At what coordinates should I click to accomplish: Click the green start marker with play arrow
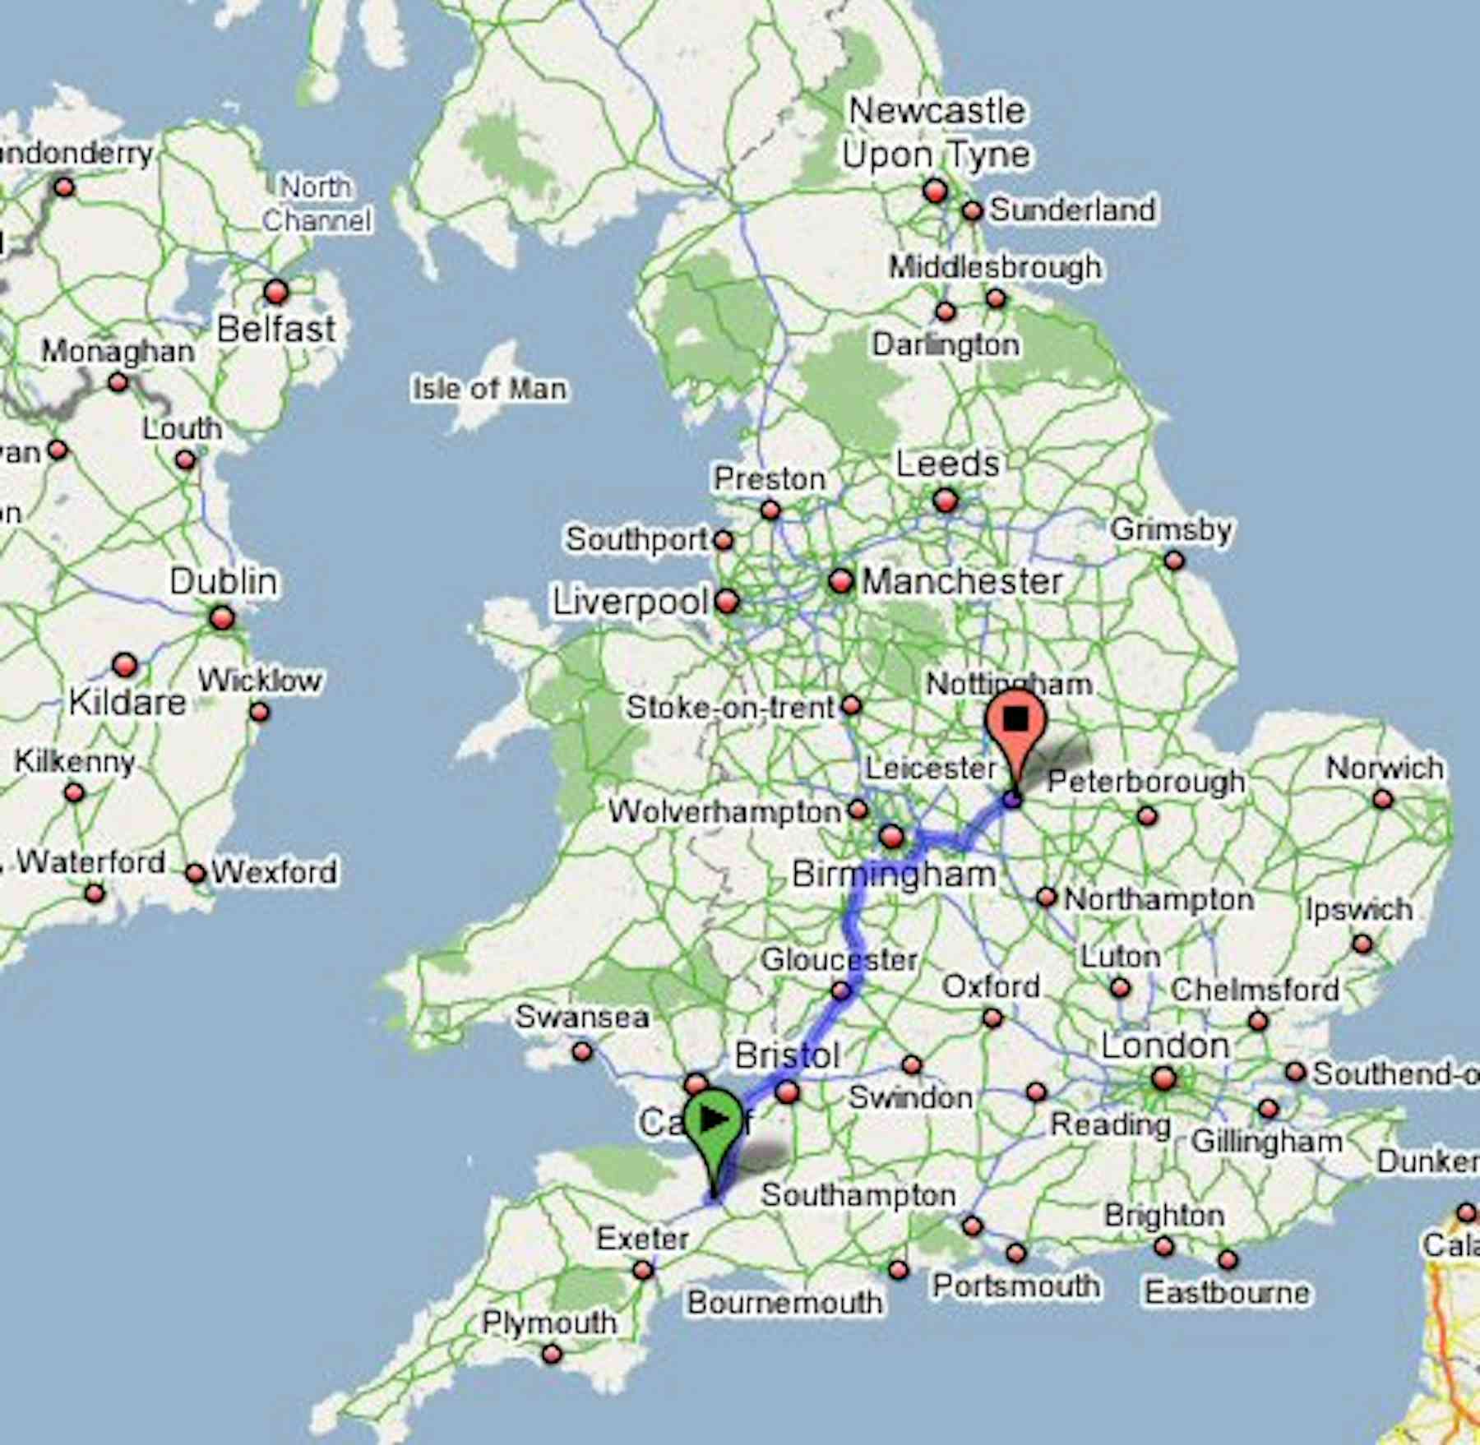click(713, 1122)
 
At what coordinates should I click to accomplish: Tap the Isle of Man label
click(489, 389)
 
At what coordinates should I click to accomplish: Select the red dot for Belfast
click(276, 292)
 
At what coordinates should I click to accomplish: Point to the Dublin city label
click(223, 582)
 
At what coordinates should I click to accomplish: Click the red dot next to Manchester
click(840, 581)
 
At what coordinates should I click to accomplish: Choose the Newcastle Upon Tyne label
click(937, 133)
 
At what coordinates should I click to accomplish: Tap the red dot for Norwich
click(1383, 799)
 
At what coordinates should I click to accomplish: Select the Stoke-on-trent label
click(730, 707)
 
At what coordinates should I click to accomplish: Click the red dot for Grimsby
click(1174, 561)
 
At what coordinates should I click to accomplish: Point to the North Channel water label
click(317, 204)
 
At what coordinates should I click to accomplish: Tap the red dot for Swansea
click(582, 1051)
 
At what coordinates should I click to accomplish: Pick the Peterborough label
click(1145, 781)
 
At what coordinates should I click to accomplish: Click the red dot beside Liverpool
click(727, 602)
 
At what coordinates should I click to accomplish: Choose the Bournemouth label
click(784, 1302)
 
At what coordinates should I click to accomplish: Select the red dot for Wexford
click(196, 873)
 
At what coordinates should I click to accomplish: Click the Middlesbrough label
click(995, 267)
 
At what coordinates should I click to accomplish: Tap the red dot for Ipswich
click(1362, 944)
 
